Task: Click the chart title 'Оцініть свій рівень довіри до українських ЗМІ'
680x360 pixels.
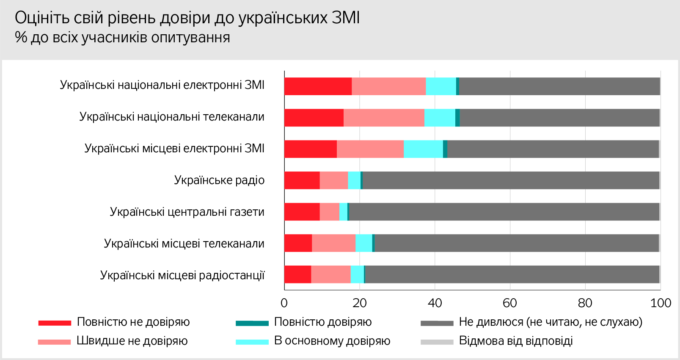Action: (187, 18)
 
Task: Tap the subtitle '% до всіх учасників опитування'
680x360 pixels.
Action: (122, 38)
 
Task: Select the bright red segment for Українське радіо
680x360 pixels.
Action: (302, 180)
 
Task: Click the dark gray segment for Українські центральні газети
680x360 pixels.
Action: (504, 212)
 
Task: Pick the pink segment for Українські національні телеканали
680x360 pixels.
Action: (384, 118)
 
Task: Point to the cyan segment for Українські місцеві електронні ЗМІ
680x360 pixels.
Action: (423, 149)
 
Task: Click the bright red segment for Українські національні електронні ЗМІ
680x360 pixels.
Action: (318, 86)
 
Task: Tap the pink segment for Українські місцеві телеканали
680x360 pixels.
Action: (333, 243)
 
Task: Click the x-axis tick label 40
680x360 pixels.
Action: (435, 303)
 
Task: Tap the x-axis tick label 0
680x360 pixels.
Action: (284, 303)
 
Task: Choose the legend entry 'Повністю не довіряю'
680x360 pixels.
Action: (133, 322)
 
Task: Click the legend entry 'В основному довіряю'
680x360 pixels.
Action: (332, 341)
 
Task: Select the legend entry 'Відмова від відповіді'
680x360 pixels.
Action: (516, 341)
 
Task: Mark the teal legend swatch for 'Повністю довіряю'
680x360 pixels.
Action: (252, 323)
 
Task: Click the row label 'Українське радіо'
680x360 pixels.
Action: (219, 180)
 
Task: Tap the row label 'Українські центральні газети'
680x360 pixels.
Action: (187, 212)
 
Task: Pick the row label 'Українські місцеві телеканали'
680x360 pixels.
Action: (184, 244)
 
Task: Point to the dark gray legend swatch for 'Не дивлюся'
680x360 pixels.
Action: (437, 323)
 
